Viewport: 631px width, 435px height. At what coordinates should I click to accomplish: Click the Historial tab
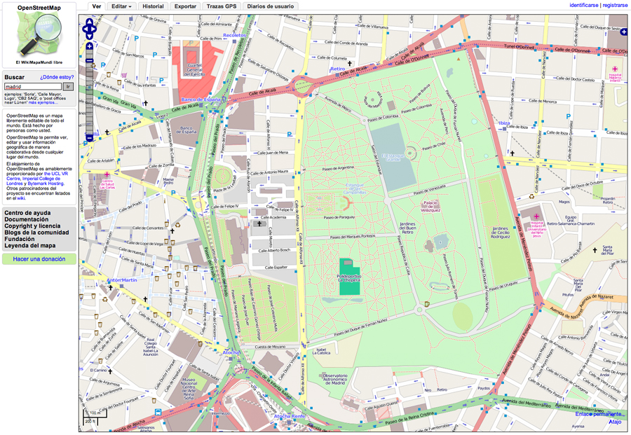click(x=153, y=6)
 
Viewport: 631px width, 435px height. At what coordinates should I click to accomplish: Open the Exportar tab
click(x=185, y=6)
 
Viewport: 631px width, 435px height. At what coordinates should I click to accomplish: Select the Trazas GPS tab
click(x=222, y=6)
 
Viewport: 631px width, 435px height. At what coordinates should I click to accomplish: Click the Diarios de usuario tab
click(x=270, y=6)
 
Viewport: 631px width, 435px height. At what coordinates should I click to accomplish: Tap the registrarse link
click(x=615, y=5)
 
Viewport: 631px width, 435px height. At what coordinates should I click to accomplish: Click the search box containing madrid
click(x=32, y=86)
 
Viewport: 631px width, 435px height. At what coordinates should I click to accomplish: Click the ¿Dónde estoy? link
click(x=57, y=76)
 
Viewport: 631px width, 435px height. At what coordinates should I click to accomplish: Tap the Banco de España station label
click(x=201, y=100)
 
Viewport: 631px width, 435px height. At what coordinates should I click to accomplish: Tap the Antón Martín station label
click(x=123, y=280)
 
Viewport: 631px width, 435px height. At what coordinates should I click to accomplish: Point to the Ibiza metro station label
click(x=503, y=123)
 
